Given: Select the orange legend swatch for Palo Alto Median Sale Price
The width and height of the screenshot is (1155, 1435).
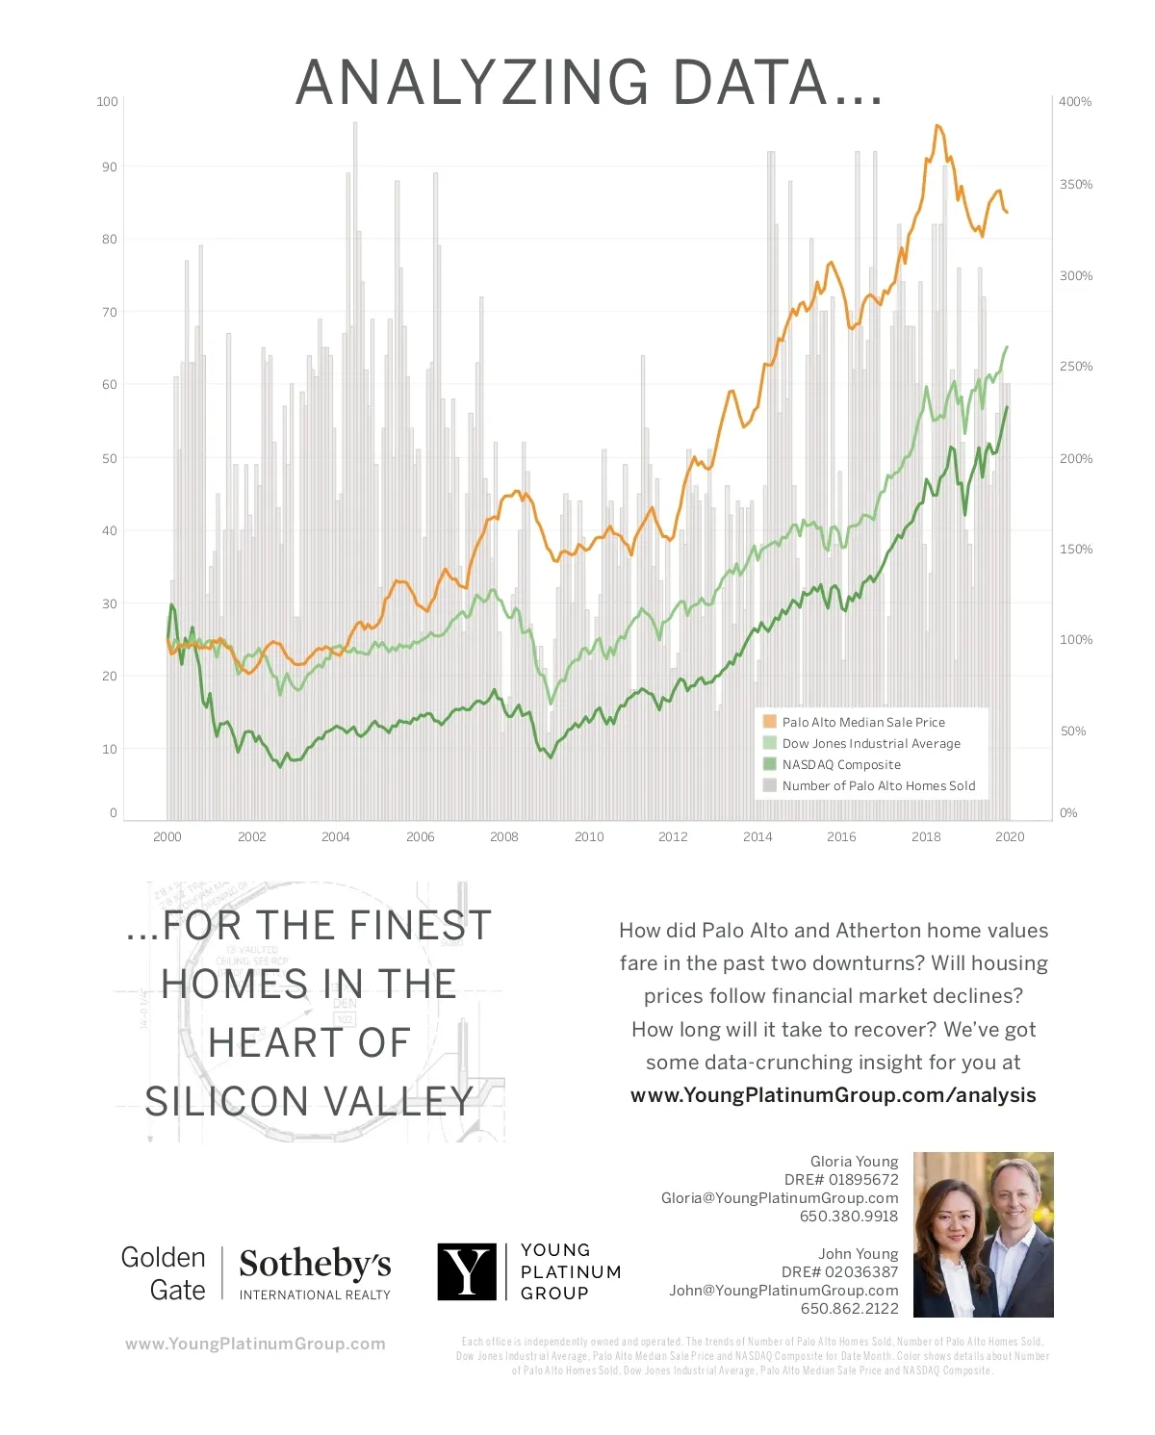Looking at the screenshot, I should pos(769,722).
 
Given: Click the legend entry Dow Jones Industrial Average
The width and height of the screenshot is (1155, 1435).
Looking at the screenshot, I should pos(871,743).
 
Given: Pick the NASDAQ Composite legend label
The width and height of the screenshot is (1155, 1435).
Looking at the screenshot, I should pos(841,764).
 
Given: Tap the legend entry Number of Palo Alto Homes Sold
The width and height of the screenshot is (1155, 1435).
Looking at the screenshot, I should pos(878,785).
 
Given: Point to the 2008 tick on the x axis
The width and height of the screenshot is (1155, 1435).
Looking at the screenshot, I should pos(504,836).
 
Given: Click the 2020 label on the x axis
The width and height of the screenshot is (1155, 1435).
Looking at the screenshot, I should pos(1010,836).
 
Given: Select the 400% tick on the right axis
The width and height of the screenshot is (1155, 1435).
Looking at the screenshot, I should pos(1075,101).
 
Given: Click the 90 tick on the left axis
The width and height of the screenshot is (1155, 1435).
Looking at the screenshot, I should pos(110,167).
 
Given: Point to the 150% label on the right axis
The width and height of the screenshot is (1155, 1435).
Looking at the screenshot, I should pos(1076,549).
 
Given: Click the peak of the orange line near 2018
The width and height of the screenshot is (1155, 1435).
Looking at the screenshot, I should pos(937,126).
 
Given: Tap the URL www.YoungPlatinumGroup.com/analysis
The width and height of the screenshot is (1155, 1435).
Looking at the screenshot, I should pos(833,1095).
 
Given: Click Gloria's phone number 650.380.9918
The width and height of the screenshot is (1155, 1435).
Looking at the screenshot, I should pos(849,1216).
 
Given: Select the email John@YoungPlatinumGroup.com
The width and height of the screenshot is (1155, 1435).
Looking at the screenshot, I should pos(783,1290).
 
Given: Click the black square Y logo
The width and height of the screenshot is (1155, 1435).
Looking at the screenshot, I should pos(467,1271).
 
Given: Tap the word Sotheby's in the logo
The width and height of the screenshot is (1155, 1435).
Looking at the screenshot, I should pos(315,1263).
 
